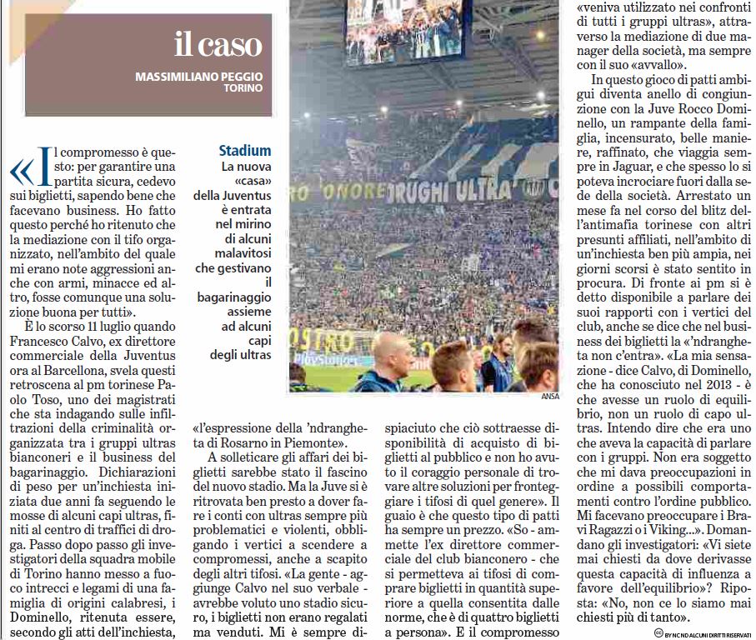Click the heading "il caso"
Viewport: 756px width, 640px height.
point(218,44)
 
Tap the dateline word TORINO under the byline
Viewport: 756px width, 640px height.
point(243,87)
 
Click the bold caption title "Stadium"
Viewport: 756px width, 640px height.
point(245,151)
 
